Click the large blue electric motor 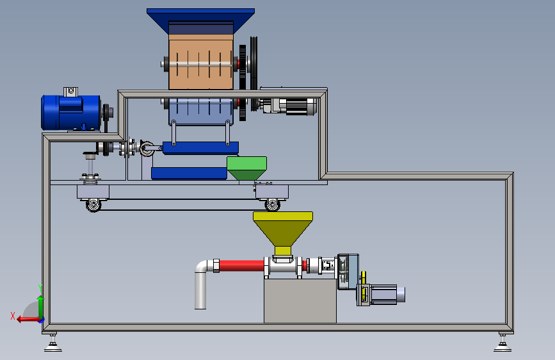pos(71,113)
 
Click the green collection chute pos(246,168)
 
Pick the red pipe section pos(242,266)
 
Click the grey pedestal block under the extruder pos(300,301)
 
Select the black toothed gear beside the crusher pos(243,83)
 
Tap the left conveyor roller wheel pos(93,205)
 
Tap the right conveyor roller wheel pos(272,204)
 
